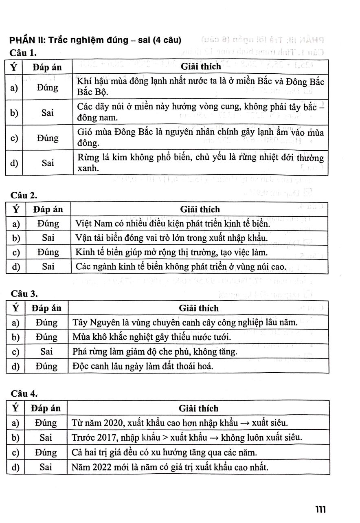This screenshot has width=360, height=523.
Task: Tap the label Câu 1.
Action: (24, 53)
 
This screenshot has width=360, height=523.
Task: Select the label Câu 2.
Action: (24, 196)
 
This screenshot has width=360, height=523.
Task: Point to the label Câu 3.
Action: (24, 294)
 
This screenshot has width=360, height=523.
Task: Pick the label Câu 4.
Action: (24, 393)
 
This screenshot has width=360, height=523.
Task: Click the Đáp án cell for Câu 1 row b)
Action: (47, 112)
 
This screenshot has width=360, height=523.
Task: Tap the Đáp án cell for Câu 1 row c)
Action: (47, 138)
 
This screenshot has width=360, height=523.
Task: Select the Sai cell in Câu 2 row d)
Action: (48, 267)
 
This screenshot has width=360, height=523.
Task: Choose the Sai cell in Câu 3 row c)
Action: (46, 351)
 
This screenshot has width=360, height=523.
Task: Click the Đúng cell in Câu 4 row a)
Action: (46, 422)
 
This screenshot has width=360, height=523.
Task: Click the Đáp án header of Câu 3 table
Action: (46, 308)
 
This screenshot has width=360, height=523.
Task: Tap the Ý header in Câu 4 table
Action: (15, 408)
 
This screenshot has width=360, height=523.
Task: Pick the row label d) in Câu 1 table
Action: (14, 163)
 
